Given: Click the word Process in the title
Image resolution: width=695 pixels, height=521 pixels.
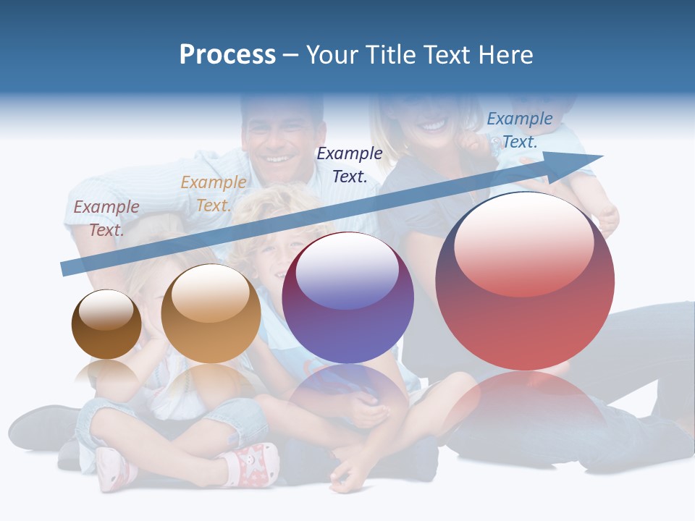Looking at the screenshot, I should (x=227, y=55).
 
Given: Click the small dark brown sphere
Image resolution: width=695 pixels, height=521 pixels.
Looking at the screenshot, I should (x=106, y=325).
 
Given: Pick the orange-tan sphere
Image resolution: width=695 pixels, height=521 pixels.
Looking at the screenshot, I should (x=211, y=314).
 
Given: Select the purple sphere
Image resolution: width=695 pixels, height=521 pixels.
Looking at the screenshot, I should (x=347, y=298).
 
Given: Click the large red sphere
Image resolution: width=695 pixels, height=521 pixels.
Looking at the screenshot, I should (x=525, y=282).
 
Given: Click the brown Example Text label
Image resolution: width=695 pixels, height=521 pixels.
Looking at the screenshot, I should (x=106, y=218).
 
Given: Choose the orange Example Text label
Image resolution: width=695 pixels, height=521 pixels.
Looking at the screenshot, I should (x=213, y=193).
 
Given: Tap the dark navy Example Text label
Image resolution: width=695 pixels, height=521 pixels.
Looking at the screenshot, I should (x=350, y=164).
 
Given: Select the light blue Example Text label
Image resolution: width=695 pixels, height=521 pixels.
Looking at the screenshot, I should (x=519, y=130).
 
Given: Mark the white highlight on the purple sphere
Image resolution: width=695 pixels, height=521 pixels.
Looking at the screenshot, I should (x=347, y=271).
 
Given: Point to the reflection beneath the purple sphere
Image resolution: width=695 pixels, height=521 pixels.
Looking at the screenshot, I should (x=347, y=394).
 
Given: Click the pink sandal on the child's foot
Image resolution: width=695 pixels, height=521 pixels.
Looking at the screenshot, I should (x=254, y=463).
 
